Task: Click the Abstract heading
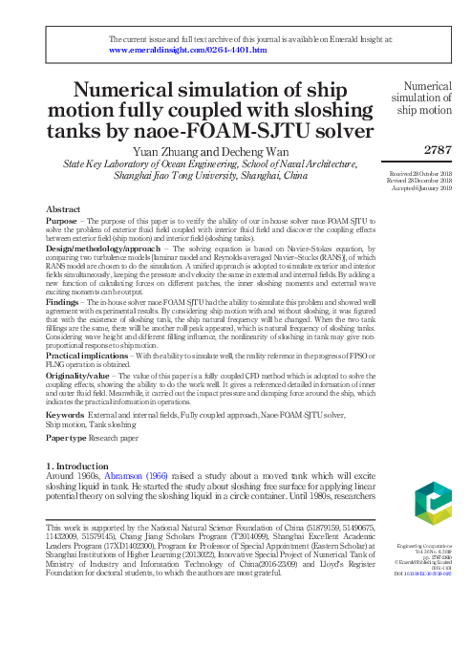click(63, 207)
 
